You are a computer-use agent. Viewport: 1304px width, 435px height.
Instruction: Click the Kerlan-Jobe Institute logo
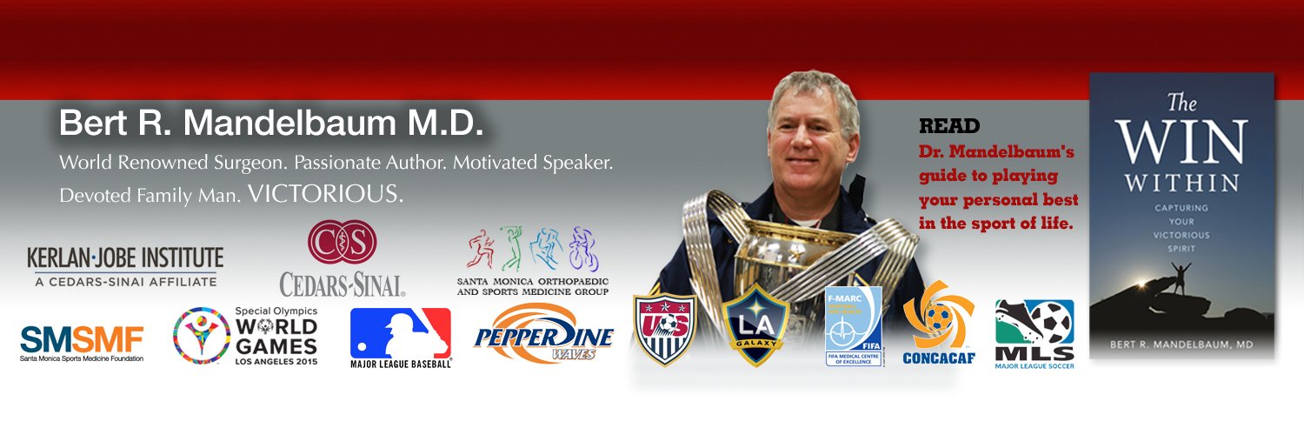[124, 267]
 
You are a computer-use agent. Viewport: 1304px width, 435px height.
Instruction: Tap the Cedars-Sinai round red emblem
[342, 243]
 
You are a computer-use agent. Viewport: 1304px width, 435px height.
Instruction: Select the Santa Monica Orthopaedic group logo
[532, 259]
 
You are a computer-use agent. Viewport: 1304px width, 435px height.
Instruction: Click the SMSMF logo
[82, 342]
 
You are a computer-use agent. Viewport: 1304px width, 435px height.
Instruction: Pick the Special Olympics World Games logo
[245, 336]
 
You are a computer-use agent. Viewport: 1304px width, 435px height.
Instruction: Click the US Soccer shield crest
[665, 329]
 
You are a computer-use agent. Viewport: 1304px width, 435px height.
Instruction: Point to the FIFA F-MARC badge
[853, 325]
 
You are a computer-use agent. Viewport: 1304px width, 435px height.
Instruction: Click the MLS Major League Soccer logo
[1035, 334]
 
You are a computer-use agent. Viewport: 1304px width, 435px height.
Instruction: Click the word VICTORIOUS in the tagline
[325, 194]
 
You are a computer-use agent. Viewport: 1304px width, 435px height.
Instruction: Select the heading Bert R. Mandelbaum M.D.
[270, 124]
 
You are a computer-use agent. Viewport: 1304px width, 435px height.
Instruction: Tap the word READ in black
[949, 126]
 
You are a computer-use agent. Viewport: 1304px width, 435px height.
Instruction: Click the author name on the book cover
[1181, 345]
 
